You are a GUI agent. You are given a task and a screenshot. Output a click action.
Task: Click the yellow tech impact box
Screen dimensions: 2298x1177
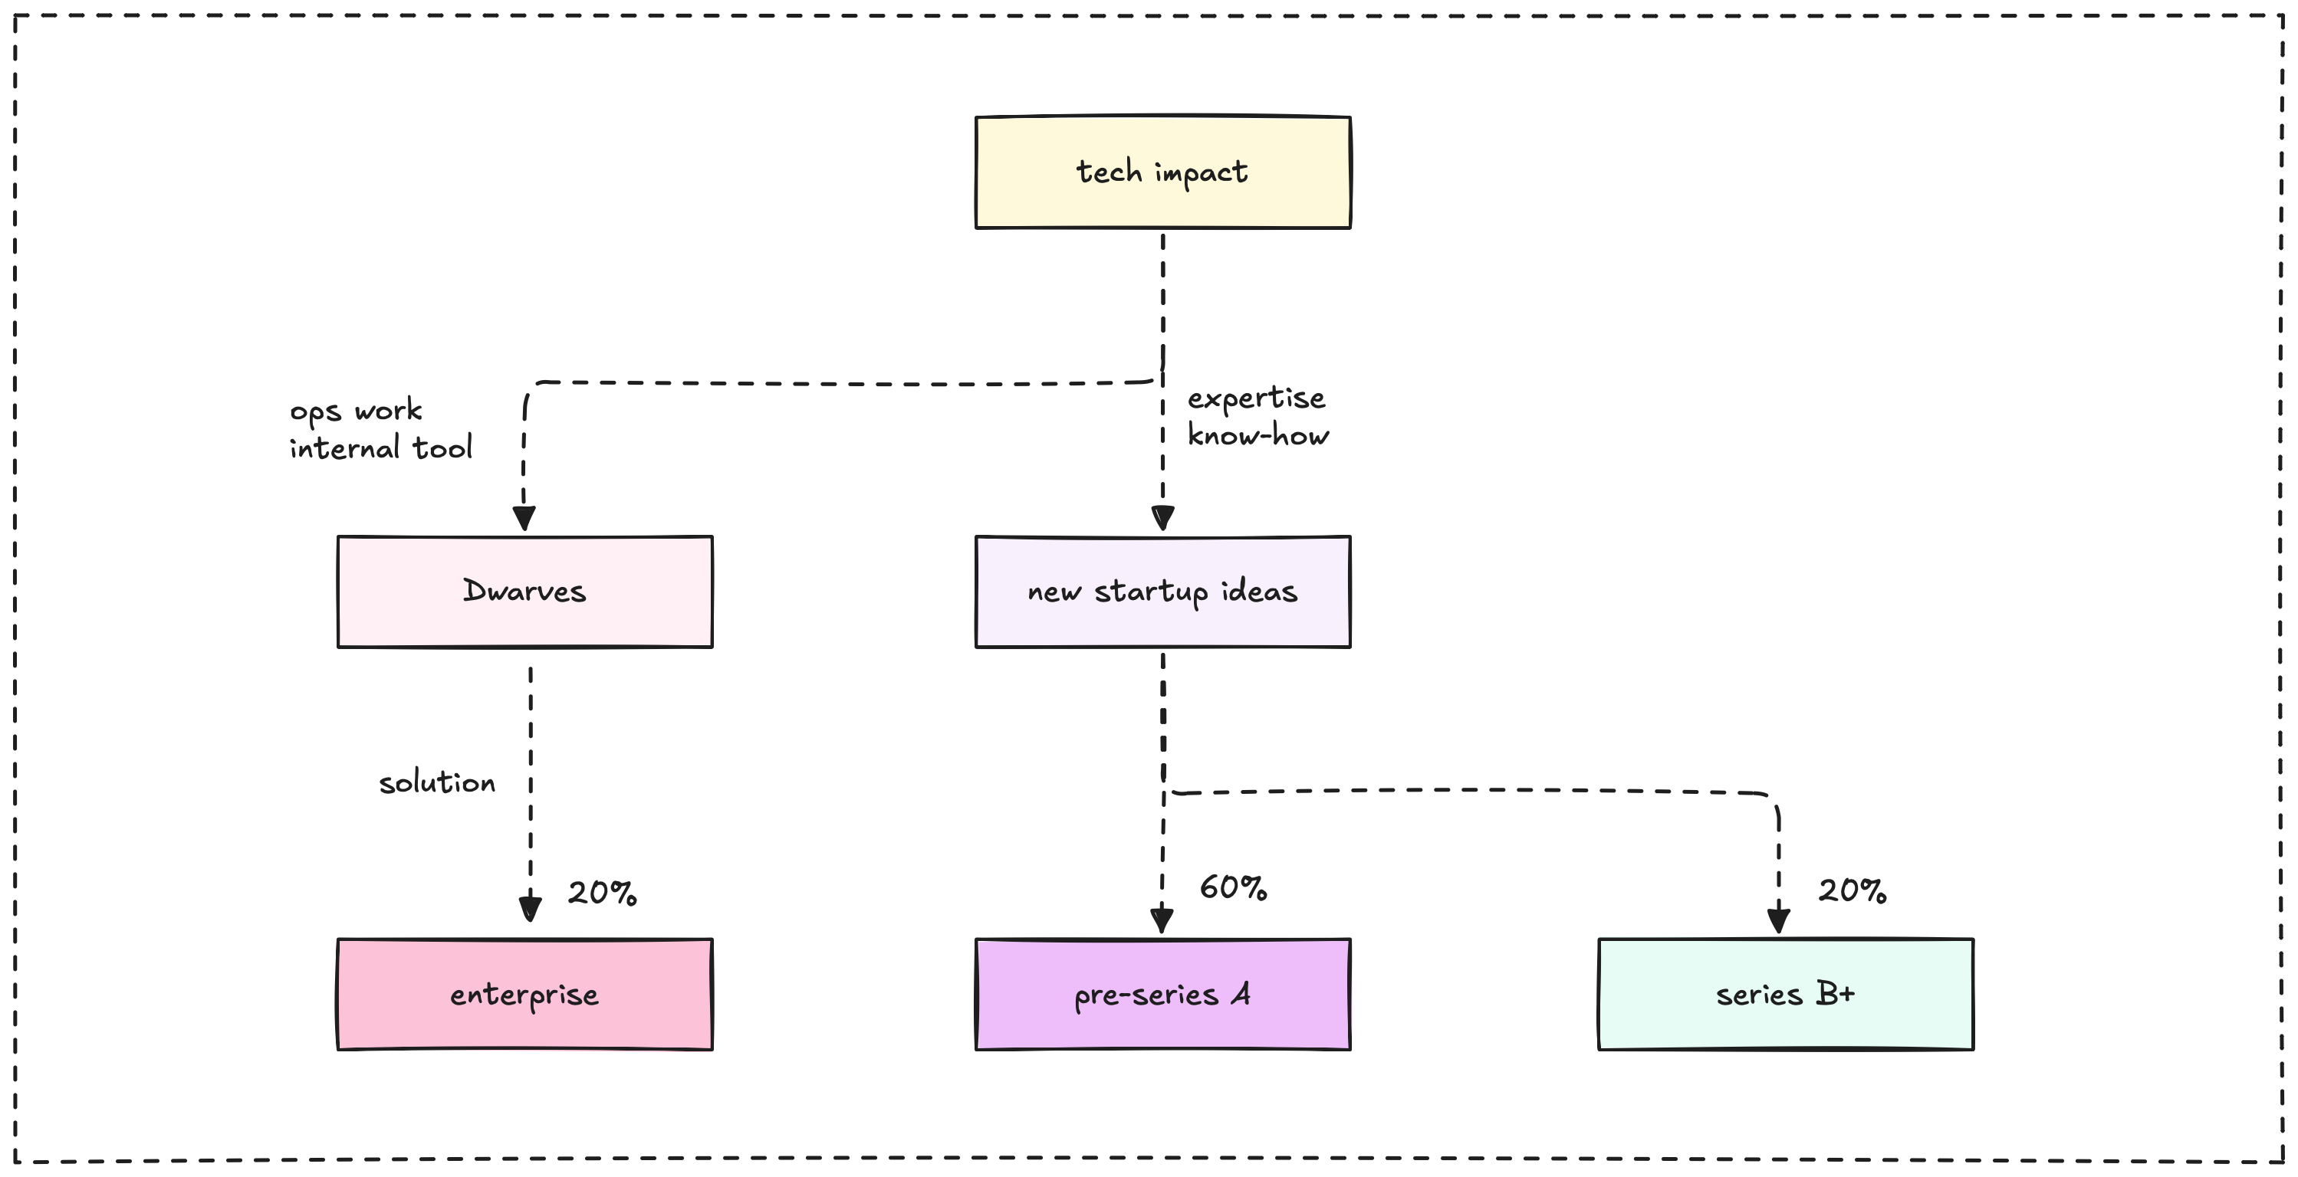pos(1162,172)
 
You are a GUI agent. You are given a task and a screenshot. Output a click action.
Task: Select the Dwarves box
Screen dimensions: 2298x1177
pos(524,591)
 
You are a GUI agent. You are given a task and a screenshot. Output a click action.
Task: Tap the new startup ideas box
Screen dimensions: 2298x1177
pos(1162,591)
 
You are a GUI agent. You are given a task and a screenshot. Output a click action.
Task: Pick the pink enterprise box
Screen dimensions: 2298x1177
pos(524,994)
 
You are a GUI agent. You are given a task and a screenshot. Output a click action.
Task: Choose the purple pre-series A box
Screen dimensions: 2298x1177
pos(1162,994)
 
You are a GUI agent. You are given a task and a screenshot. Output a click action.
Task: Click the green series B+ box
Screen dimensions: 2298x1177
pos(1785,994)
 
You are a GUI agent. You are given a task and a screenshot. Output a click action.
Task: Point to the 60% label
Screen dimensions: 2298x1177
pos(1233,887)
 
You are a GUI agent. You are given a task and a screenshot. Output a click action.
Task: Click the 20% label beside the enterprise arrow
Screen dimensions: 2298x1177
pos(602,893)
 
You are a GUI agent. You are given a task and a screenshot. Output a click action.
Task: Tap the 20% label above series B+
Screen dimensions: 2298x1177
pos(1852,890)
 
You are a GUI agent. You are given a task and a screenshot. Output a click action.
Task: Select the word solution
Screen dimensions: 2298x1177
pos(437,782)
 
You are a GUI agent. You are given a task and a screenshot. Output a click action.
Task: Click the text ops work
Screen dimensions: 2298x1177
pos(356,411)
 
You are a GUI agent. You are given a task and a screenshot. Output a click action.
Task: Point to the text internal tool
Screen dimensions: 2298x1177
pos(381,448)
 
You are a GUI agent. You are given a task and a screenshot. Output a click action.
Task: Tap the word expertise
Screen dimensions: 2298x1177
pos(1256,398)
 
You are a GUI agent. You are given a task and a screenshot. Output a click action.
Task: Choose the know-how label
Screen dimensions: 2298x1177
pos(1257,435)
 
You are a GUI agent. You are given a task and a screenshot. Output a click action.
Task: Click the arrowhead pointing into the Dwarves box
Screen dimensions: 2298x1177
pos(524,519)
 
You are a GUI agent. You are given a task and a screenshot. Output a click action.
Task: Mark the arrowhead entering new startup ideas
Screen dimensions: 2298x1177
pos(1162,518)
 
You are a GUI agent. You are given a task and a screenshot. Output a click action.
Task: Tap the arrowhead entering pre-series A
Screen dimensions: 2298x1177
pos(1162,920)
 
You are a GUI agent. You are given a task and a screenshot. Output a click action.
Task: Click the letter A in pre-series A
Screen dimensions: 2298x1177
pos(1241,993)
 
